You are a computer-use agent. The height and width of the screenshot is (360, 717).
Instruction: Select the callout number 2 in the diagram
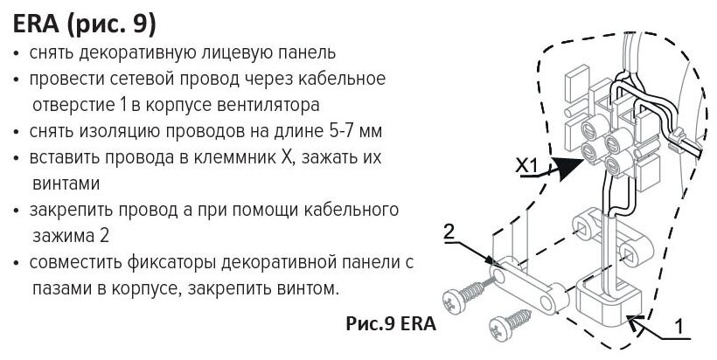tap(449, 232)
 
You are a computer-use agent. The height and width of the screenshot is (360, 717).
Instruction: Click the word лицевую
tap(231, 54)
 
